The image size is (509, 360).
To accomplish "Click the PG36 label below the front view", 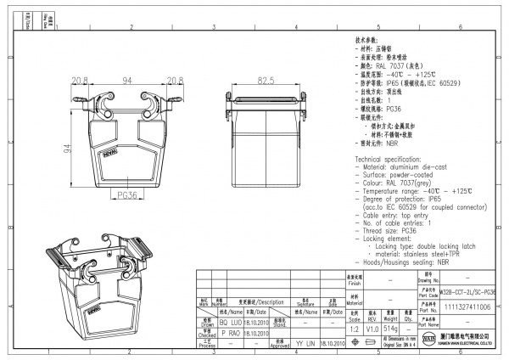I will click(127, 195).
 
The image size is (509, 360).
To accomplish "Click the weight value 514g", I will click(391, 327).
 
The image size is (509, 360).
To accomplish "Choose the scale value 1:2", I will click(354, 327).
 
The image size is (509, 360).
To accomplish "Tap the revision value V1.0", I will click(372, 327).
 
